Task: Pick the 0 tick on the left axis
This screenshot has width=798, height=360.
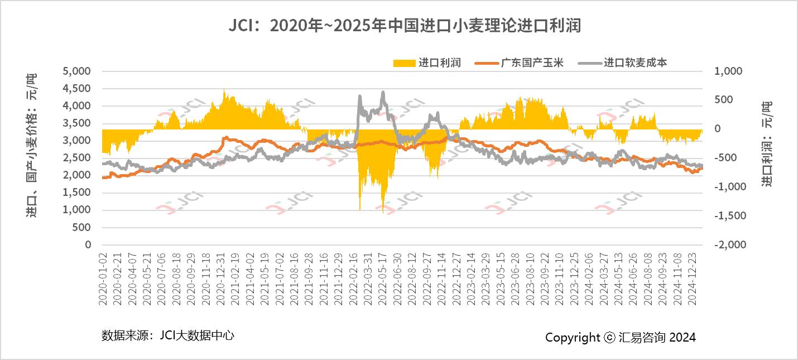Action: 88,244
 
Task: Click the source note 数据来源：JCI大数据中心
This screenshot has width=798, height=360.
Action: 167,335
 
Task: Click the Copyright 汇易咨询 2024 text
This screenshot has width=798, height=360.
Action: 621,337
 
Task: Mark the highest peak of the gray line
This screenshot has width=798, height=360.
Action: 383,92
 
